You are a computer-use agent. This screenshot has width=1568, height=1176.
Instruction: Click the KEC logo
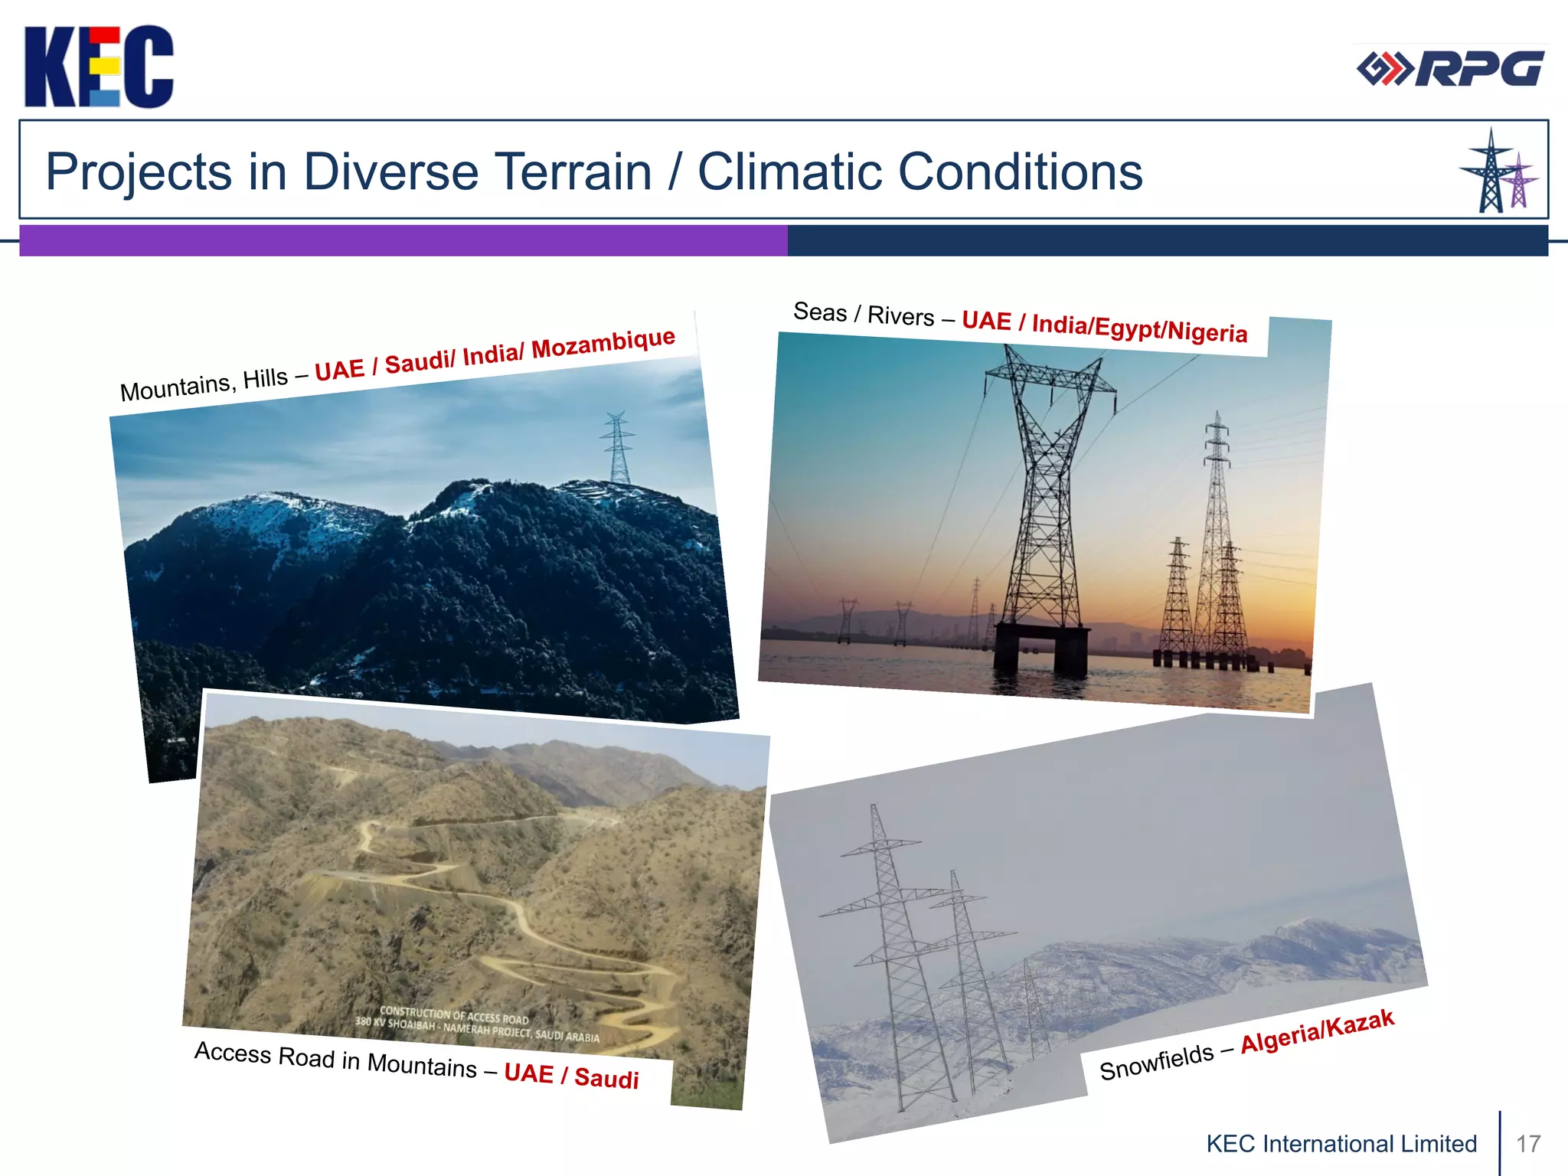(x=99, y=67)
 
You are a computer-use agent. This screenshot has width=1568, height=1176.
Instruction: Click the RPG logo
(x=1450, y=69)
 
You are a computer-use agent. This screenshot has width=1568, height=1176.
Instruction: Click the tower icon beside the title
(x=1497, y=171)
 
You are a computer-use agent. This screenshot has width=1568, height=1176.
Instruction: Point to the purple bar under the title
(x=403, y=240)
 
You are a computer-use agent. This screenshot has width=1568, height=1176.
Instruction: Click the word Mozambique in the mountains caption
(x=603, y=343)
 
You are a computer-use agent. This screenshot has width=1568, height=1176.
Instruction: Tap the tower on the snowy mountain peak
(x=618, y=448)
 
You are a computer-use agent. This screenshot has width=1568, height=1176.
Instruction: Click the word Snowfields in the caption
(x=1156, y=1062)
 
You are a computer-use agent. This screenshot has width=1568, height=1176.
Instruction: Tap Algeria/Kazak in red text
(x=1317, y=1031)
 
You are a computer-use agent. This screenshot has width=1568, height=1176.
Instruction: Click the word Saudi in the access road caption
(x=606, y=1078)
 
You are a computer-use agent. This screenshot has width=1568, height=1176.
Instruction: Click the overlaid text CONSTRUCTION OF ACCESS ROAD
(x=454, y=1015)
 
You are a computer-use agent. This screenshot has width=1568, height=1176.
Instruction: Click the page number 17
(x=1528, y=1144)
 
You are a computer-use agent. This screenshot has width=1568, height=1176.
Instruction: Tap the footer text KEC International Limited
(x=1341, y=1144)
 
